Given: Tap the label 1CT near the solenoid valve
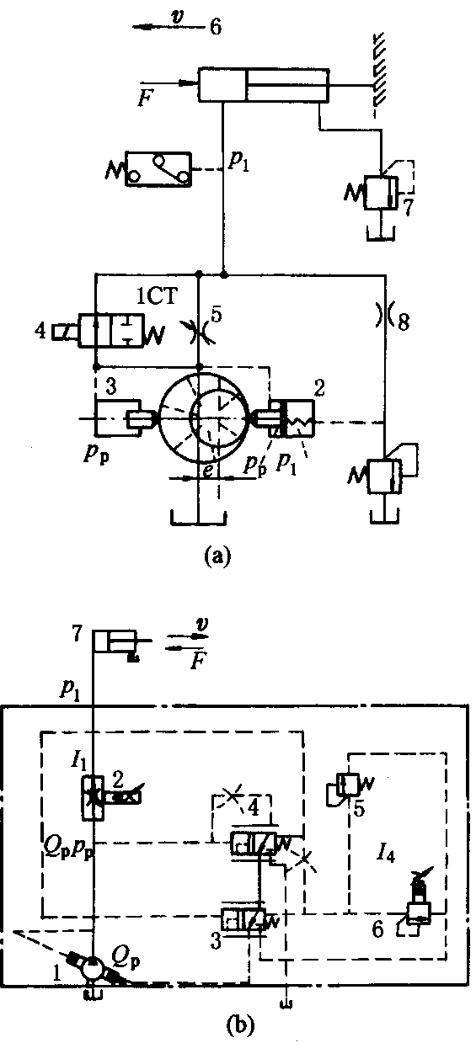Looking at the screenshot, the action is (156, 296).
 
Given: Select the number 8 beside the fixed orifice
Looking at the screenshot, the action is (403, 322).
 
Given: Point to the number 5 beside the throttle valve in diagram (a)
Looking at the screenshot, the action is (217, 316).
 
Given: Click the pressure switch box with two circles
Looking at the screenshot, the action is (158, 169).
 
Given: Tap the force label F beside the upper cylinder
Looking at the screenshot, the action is (143, 98).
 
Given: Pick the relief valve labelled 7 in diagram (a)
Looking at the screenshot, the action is (382, 193).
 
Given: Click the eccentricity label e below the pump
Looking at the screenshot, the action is (207, 471).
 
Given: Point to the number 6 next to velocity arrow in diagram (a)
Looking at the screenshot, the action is (215, 27).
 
